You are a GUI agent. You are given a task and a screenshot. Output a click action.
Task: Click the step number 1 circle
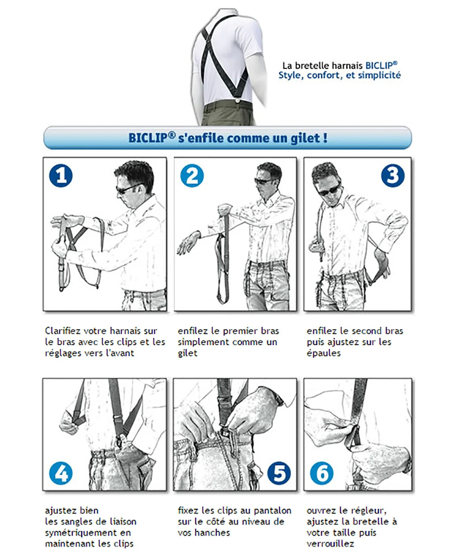point(61,175)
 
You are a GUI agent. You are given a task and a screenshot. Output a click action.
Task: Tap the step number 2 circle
point(192,175)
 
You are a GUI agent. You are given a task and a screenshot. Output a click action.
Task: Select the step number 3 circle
point(393,175)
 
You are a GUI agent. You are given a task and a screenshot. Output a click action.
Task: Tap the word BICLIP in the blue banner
point(148,138)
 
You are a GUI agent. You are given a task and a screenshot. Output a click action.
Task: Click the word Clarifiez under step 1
point(63,331)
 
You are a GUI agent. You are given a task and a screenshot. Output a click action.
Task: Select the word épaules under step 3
point(323,353)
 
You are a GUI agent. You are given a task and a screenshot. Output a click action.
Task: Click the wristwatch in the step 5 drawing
point(280,401)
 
